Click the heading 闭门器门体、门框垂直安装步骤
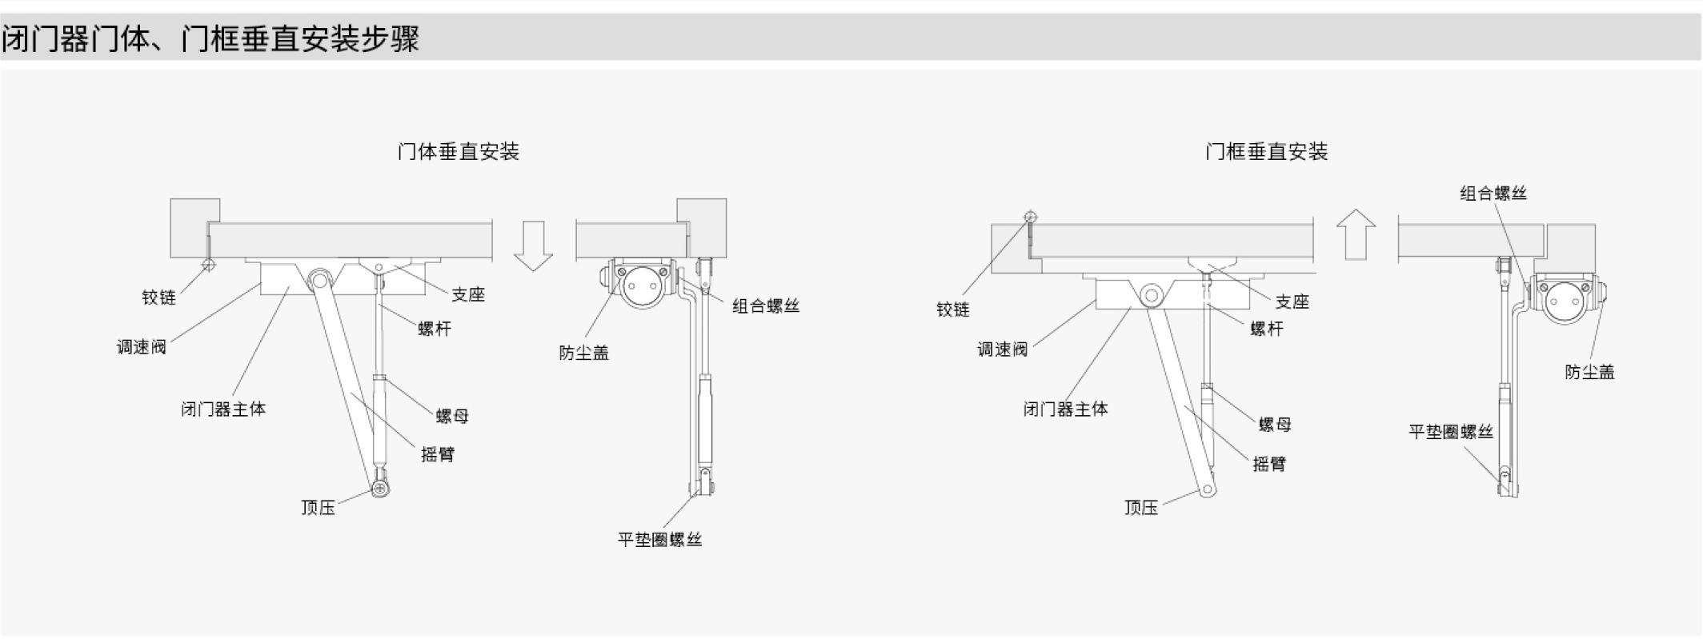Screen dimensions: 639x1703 coord(210,38)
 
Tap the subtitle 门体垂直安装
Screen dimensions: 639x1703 coord(458,151)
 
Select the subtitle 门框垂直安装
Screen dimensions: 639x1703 coord(1266,151)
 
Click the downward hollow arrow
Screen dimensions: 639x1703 coord(533,246)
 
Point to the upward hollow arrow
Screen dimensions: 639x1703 coord(1356,234)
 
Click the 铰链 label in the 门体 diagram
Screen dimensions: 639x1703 coord(158,298)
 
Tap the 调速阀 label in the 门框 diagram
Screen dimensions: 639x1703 coord(1002,349)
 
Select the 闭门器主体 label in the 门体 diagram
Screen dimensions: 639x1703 coord(223,409)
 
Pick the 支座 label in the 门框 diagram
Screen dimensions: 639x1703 coord(1292,302)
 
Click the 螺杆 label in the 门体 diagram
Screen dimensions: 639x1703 coord(435,329)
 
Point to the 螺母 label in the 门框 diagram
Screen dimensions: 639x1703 coord(1274,425)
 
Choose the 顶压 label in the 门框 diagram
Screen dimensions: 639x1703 coord(1140,508)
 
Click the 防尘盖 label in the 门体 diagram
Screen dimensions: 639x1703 coord(583,353)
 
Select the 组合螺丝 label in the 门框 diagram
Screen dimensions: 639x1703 coord(1493,194)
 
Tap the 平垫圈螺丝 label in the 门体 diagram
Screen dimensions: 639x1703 coord(659,540)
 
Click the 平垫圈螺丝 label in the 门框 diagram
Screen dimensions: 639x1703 coord(1451,433)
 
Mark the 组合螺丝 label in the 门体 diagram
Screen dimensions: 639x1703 coord(766,306)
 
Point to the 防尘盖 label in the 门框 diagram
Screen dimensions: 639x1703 coord(1589,372)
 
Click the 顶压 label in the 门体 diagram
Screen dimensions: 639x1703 coord(318,508)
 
